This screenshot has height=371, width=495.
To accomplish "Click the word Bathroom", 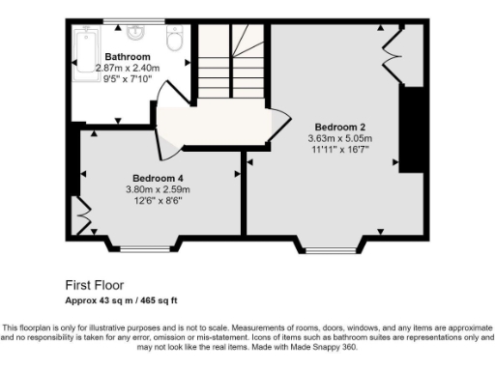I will tap(127, 57).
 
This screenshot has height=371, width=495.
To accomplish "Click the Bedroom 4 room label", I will tap(158, 178).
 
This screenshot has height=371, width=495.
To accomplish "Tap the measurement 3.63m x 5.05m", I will tap(339, 138).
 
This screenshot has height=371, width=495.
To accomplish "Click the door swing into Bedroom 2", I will tap(279, 123).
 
